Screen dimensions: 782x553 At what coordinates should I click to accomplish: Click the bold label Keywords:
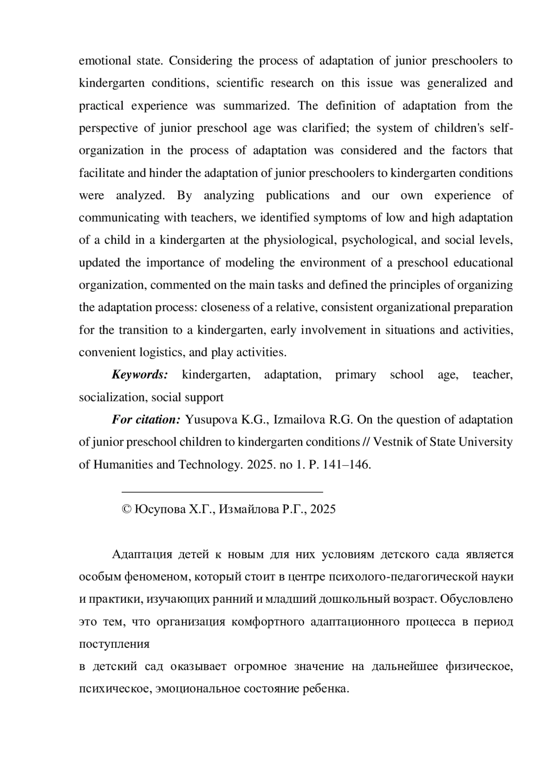140,375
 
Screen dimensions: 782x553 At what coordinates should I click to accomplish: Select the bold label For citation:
146,420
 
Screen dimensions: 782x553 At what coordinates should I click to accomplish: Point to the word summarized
256,106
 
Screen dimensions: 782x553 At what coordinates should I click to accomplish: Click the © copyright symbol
126,509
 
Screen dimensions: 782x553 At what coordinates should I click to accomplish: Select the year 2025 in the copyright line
323,509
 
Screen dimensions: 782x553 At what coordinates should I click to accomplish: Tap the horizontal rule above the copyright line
222,492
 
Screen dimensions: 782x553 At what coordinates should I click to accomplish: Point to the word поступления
114,644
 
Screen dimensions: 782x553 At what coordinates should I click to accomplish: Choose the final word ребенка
325,689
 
